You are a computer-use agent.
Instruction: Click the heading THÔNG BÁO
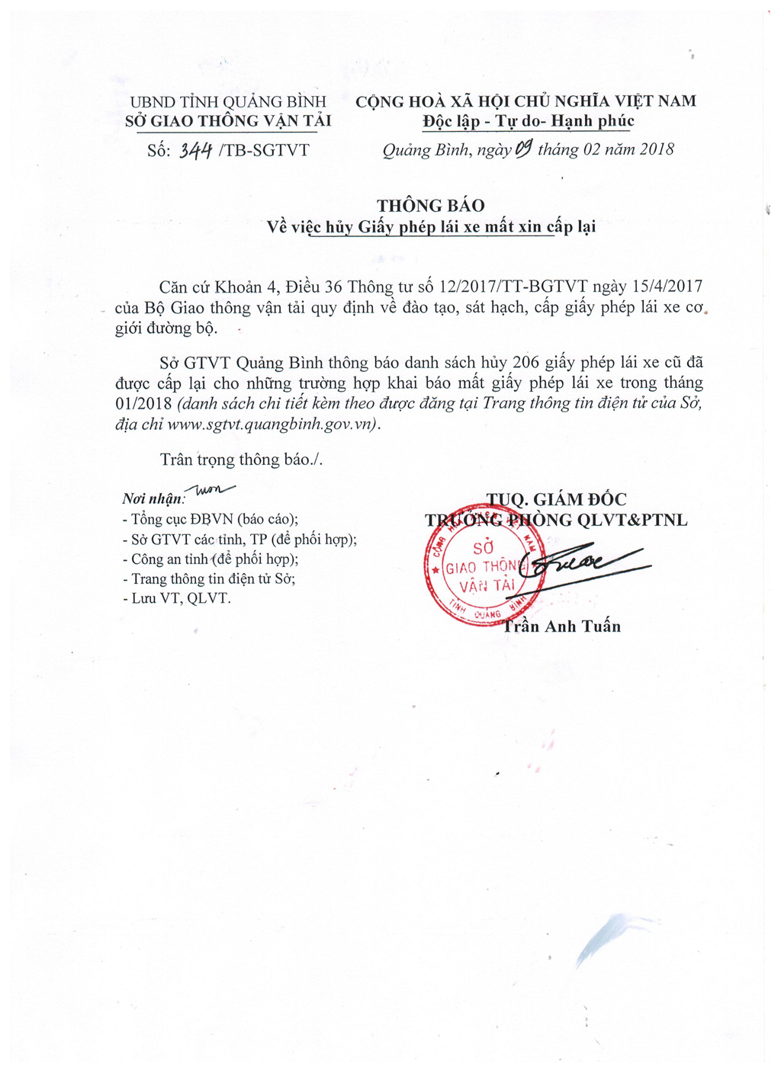pos(430,206)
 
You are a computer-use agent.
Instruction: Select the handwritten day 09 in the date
pos(523,149)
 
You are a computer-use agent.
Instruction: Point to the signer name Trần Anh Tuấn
pos(561,626)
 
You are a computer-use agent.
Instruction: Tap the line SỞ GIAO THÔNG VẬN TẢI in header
pos(228,121)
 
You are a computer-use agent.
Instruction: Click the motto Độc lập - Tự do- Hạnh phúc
pos(529,121)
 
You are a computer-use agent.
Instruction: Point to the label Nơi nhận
pos(153,499)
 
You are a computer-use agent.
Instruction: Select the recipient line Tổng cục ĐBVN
pos(211,519)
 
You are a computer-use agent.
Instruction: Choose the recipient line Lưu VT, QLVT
pos(177,598)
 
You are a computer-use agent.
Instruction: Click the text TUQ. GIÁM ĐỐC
pos(557,499)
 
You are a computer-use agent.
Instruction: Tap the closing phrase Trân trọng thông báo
pos(241,460)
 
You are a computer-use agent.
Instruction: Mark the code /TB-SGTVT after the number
pos(264,150)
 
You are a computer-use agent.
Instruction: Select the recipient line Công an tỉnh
pos(211,559)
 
